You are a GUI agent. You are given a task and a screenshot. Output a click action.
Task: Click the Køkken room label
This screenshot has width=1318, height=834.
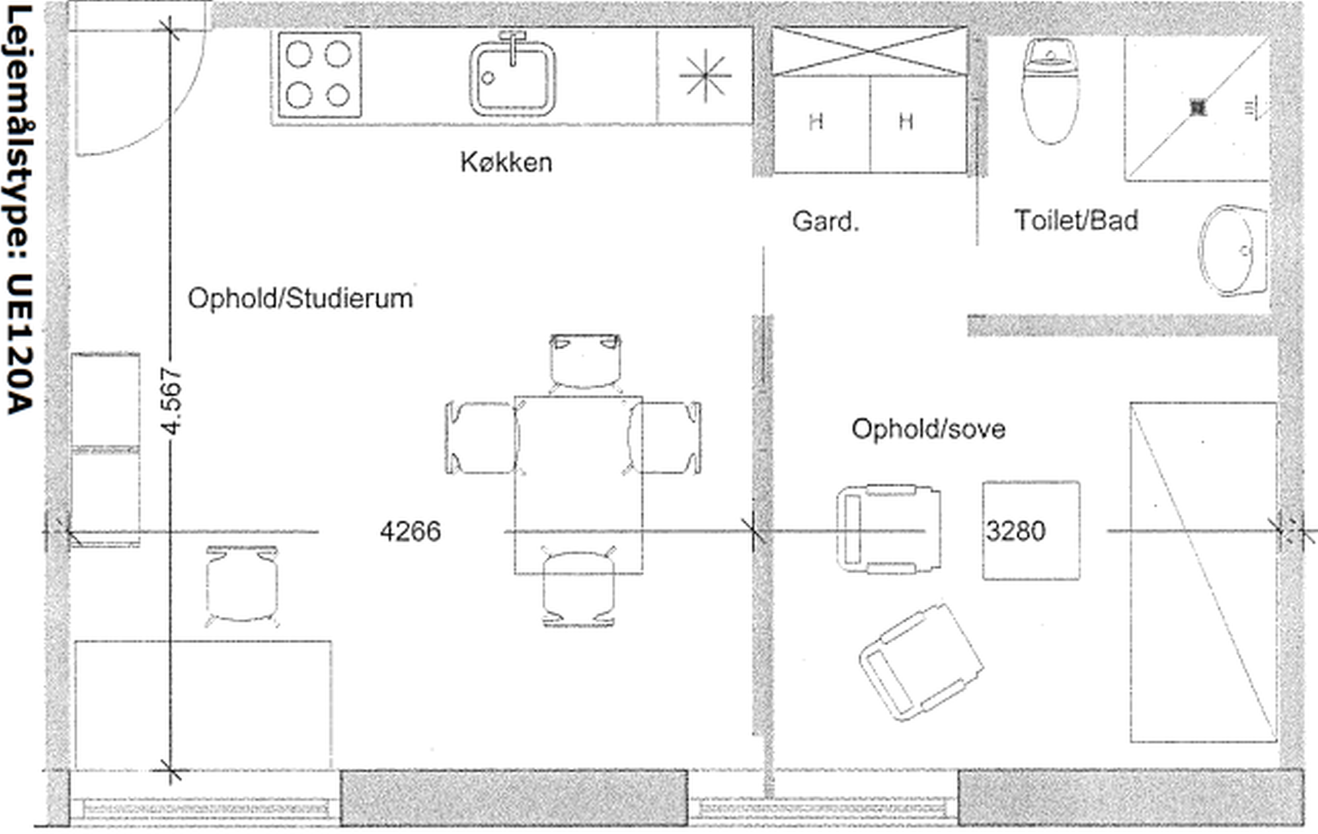coord(506,162)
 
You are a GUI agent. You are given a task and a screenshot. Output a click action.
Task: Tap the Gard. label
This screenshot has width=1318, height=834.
coord(825,222)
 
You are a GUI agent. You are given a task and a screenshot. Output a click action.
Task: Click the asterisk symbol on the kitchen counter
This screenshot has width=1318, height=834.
coord(706,76)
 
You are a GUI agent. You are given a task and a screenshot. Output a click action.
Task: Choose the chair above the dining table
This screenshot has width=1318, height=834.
coord(585,362)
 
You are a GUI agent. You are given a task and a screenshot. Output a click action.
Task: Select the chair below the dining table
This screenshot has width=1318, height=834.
coord(579,589)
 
